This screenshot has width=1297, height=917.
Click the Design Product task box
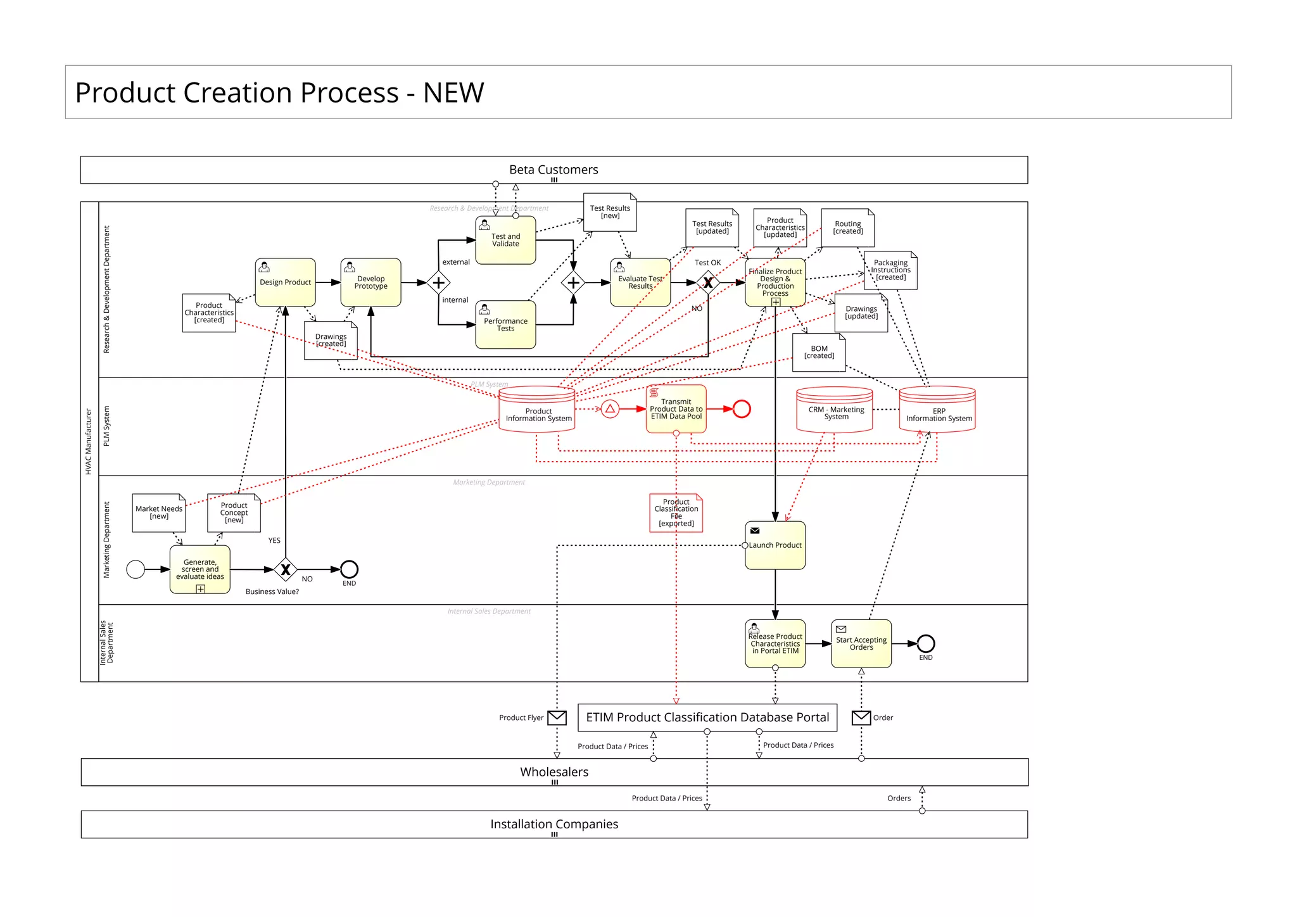pos(285,282)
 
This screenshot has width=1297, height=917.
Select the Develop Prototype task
pos(370,282)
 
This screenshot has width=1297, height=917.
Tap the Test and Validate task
pos(505,240)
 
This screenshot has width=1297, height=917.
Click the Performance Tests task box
pos(505,325)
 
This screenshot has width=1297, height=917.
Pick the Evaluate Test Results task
pos(640,282)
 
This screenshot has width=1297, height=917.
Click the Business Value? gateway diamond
pos(286,569)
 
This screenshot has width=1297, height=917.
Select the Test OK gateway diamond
pos(708,282)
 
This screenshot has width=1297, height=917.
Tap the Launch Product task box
pos(775,545)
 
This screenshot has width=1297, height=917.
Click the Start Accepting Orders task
pos(861,643)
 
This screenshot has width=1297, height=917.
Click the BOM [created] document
pos(819,352)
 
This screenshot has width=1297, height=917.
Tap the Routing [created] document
pos(847,228)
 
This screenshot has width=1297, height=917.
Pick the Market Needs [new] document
pos(158,512)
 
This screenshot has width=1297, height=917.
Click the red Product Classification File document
pos(676,512)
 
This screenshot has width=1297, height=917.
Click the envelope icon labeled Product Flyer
pos(557,718)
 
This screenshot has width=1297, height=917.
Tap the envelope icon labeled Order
pos(861,718)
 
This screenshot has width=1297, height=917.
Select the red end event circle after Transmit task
pos(742,409)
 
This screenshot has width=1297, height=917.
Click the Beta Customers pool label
pos(554,170)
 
